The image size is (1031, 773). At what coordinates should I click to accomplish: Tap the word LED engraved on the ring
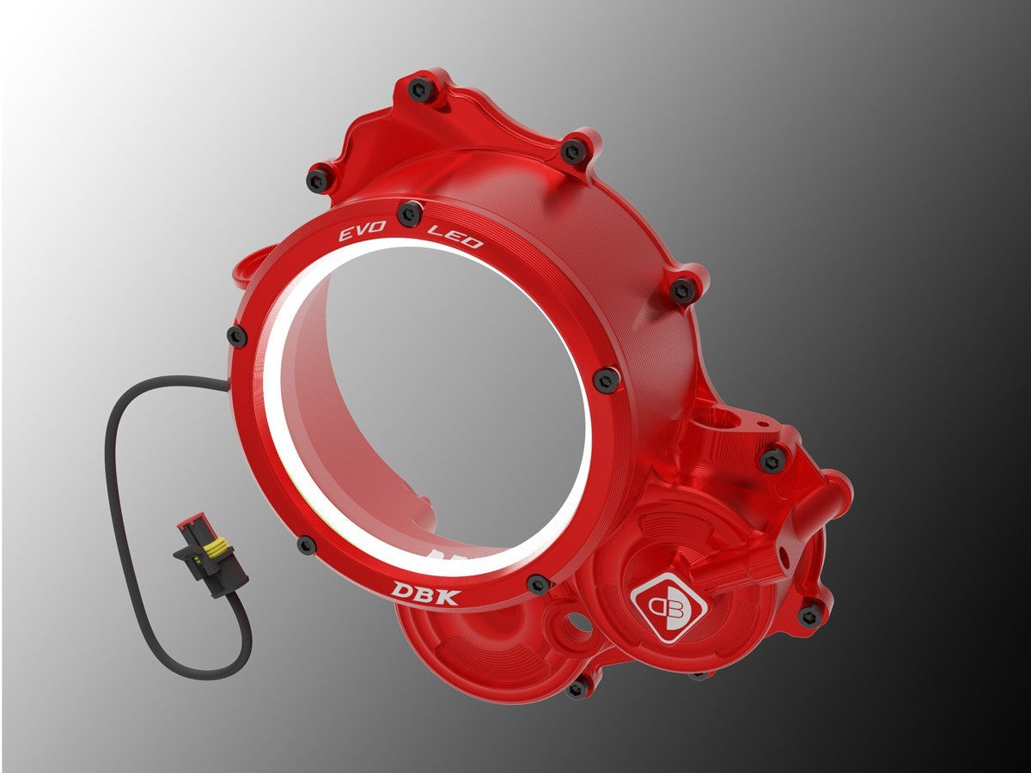point(455,235)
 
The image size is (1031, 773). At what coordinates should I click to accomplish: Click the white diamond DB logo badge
point(668,606)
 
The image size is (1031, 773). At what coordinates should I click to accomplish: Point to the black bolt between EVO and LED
point(410,212)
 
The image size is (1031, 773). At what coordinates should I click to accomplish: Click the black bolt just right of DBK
point(539,584)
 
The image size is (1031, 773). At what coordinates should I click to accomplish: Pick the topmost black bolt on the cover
point(421,88)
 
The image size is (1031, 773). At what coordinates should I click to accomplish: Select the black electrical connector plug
point(210,557)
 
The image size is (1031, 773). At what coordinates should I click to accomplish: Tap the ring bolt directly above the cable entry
point(236,336)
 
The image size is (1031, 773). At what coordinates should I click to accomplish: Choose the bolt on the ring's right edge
point(607,379)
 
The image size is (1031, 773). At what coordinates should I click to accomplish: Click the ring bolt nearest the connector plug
point(307,544)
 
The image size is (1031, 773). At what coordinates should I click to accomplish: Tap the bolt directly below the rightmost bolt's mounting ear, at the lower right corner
point(809,613)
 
